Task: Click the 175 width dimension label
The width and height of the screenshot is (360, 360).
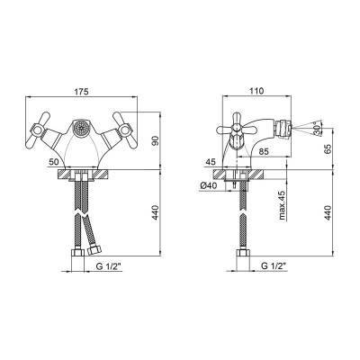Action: (82, 92)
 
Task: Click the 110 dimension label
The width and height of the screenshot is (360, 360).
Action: (256, 91)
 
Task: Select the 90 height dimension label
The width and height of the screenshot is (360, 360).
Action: (155, 140)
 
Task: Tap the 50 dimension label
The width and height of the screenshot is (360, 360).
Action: (54, 162)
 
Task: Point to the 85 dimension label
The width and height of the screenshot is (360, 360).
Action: (265, 151)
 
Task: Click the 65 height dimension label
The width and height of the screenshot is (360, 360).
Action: (328, 149)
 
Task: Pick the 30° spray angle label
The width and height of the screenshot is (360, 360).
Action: (317, 129)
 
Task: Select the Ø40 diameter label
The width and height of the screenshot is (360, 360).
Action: (208, 186)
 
